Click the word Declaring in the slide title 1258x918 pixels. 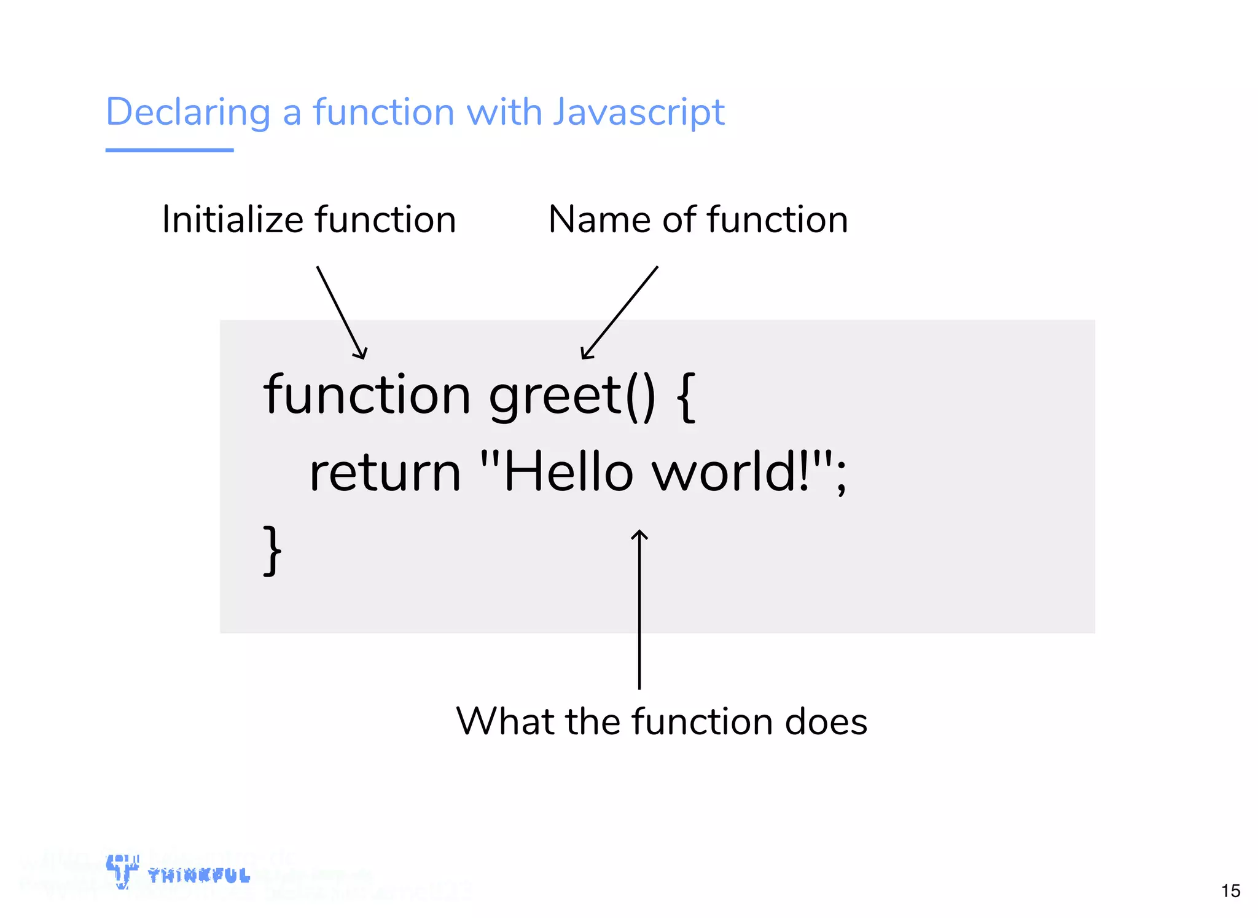click(188, 112)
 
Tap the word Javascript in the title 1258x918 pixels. click(638, 112)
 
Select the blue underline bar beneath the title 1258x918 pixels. click(170, 150)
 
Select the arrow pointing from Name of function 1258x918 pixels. click(619, 313)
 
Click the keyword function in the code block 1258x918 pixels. click(367, 394)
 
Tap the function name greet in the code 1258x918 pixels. click(555, 396)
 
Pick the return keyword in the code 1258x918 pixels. click(385, 473)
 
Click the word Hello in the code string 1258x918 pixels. click(568, 472)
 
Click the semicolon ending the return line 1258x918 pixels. click(841, 476)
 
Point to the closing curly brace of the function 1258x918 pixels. click(272, 550)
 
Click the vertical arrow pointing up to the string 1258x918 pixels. click(639, 608)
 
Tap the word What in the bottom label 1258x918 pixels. click(505, 721)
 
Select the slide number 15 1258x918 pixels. click(1230, 891)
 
